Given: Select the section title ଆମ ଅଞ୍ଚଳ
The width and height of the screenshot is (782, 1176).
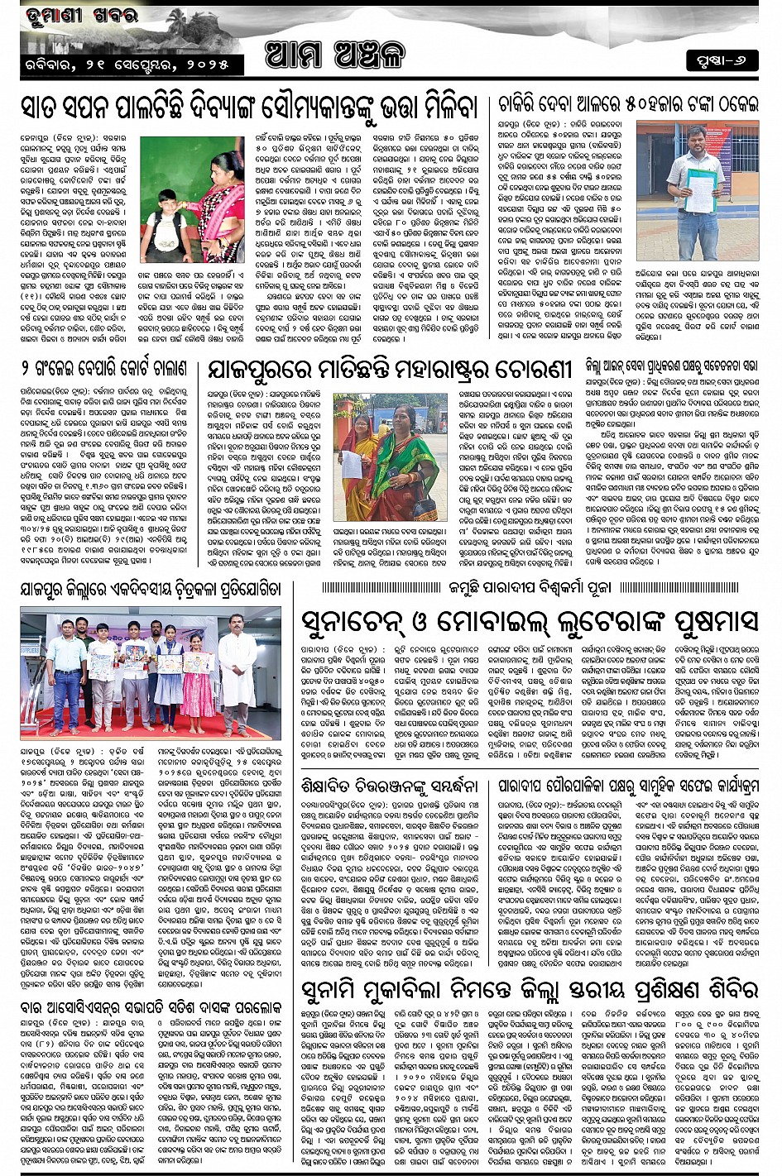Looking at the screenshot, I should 337,56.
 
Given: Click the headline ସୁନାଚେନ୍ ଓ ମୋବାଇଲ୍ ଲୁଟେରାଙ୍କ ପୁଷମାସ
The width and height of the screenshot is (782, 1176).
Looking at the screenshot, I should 529,619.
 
